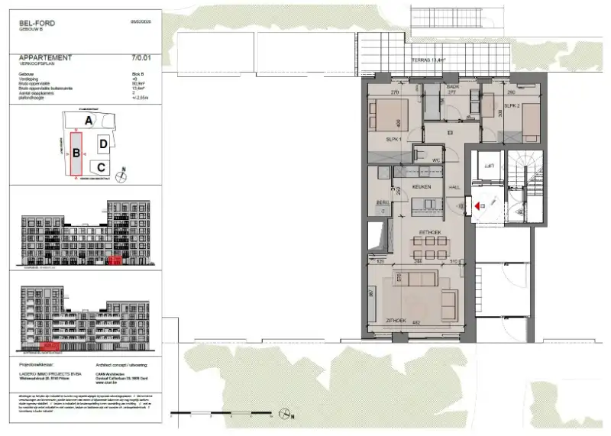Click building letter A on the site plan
[x=89, y=121]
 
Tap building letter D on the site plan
[x=103, y=144]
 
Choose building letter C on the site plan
[x=100, y=167]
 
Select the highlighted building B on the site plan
[x=76, y=153]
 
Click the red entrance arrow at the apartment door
[x=477, y=205]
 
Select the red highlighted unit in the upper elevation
[x=114, y=260]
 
